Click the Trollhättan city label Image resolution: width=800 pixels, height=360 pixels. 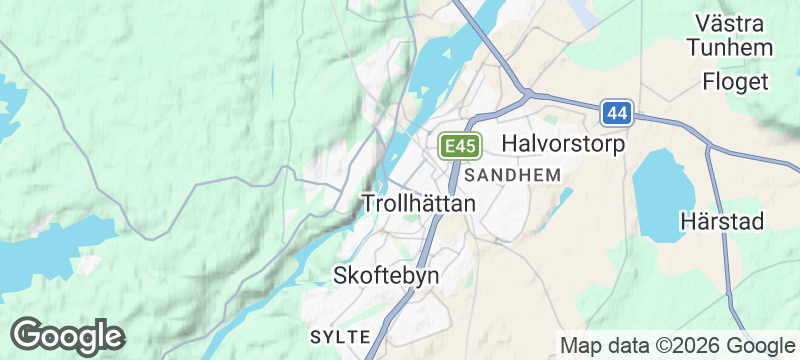[417, 202]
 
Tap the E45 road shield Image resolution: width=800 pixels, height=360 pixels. [460, 147]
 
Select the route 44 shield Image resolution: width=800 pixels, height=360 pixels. [617, 113]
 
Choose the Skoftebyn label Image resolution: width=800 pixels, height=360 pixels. [386, 275]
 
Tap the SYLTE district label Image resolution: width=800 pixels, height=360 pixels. [341, 334]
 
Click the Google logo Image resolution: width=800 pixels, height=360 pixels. [68, 335]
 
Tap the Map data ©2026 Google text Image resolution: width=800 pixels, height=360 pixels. [675, 345]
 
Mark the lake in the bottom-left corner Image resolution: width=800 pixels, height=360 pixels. [40, 255]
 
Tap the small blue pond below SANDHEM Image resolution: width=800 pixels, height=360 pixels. [562, 198]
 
